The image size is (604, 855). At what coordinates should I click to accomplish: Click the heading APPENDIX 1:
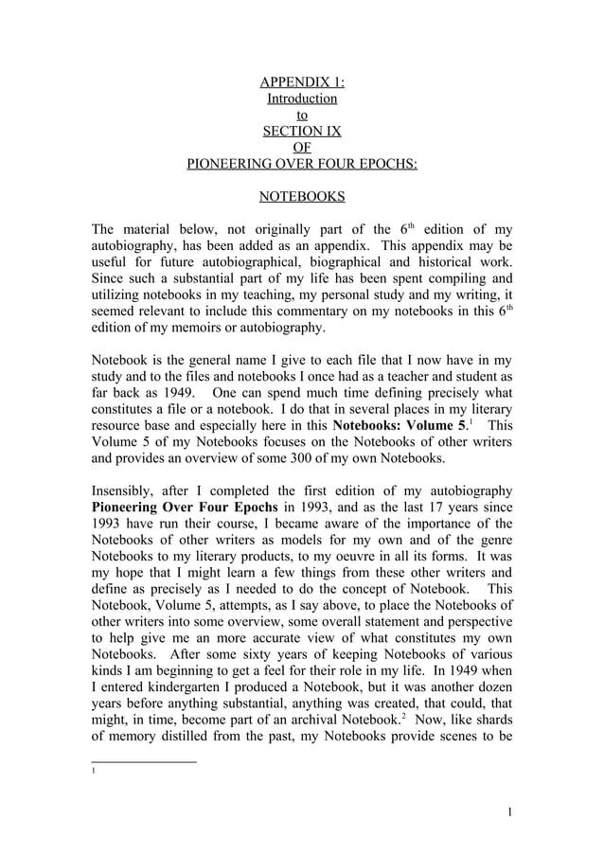pyautogui.click(x=302, y=81)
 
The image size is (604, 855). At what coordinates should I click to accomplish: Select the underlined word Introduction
pyautogui.click(x=302, y=98)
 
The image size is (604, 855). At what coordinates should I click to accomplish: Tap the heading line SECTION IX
pyautogui.click(x=302, y=131)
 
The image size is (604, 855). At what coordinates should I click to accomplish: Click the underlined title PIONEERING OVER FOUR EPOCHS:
pyautogui.click(x=302, y=163)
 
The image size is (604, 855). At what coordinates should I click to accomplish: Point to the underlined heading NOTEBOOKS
pyautogui.click(x=302, y=196)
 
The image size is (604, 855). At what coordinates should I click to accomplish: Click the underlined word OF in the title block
pyautogui.click(x=302, y=147)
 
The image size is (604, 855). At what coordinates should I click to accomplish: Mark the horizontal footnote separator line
pyautogui.click(x=143, y=760)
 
